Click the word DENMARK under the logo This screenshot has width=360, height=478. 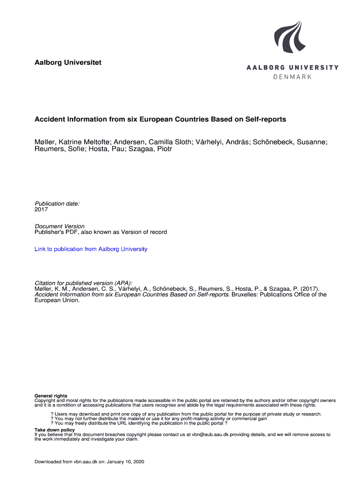(292, 77)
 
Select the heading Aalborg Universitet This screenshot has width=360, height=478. (68, 63)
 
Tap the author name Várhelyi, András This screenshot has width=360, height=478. (219, 142)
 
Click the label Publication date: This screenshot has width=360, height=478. (57, 204)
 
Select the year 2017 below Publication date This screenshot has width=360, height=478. (41, 210)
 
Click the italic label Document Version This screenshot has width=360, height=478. (59, 226)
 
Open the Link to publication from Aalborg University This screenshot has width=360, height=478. (91, 249)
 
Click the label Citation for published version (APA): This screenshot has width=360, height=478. (83, 283)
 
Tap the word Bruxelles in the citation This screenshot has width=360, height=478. (245, 295)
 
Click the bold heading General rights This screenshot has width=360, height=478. (51, 396)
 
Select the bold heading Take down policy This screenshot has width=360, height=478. (55, 429)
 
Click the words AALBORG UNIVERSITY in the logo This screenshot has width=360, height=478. (292, 68)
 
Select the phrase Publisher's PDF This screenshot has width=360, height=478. (56, 232)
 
